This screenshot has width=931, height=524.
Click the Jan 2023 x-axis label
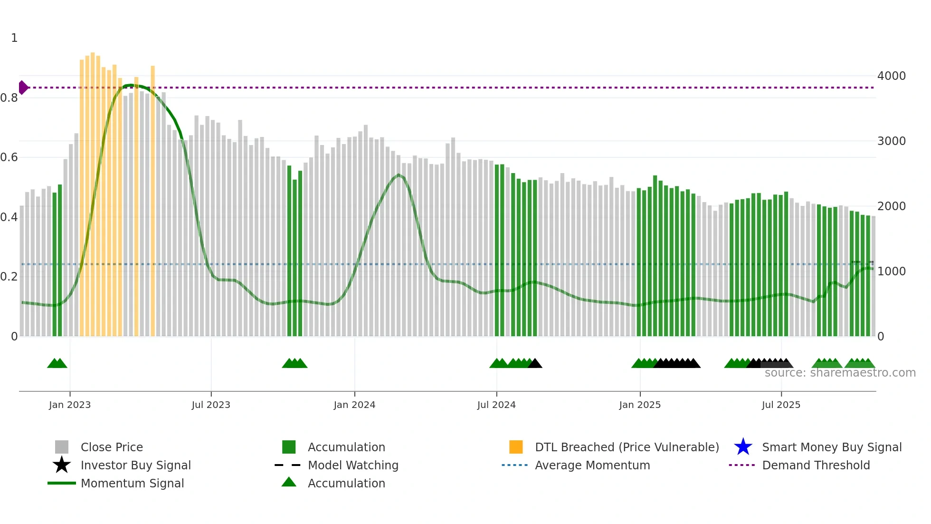[x=69, y=405]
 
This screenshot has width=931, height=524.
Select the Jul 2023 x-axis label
[x=211, y=405]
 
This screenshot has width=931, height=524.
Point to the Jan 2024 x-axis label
[x=354, y=405]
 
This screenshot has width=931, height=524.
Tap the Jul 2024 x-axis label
[x=496, y=405]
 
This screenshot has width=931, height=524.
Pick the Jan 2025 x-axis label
[x=640, y=405]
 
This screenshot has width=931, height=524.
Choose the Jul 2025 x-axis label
[x=781, y=405]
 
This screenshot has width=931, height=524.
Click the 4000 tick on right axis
[x=891, y=76]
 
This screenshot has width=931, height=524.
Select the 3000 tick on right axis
[x=891, y=141]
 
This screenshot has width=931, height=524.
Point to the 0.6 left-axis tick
[x=9, y=157]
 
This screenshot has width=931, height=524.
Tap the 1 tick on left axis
[x=14, y=38]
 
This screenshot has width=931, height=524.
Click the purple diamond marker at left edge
[x=23, y=87]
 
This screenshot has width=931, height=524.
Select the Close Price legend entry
[x=112, y=447]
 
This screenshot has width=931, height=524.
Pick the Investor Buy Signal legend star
[x=62, y=465]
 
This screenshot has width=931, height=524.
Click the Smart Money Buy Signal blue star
[x=743, y=447]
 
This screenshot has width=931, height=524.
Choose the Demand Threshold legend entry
[x=816, y=466]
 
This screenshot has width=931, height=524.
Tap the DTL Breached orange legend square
[x=516, y=447]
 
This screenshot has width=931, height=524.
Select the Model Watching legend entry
[x=353, y=466]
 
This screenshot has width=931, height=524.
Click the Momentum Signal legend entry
[x=132, y=484]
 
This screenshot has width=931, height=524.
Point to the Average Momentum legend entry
[x=592, y=466]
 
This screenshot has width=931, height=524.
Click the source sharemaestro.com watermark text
[x=840, y=373]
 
